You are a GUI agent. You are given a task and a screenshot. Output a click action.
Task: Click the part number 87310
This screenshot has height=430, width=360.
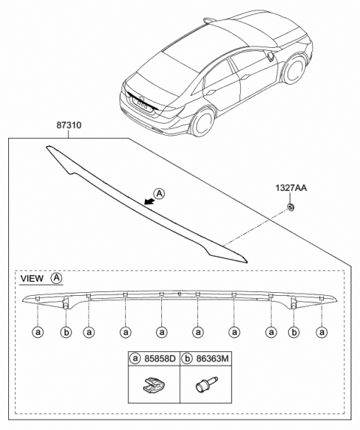pos(67,130)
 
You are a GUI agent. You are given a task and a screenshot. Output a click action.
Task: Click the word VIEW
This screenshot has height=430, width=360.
pos(31,278)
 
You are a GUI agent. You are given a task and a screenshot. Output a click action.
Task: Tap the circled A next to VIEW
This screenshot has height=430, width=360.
pos(56,278)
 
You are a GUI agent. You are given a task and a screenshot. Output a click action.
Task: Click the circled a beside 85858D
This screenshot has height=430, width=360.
pos(135,360)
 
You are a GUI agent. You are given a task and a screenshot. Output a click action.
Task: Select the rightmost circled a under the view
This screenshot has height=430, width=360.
pos(322,330)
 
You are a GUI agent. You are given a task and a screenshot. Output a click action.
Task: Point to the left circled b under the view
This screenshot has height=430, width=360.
pos(65,330)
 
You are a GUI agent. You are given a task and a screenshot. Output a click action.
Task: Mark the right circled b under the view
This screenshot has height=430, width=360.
pos(294,330)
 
